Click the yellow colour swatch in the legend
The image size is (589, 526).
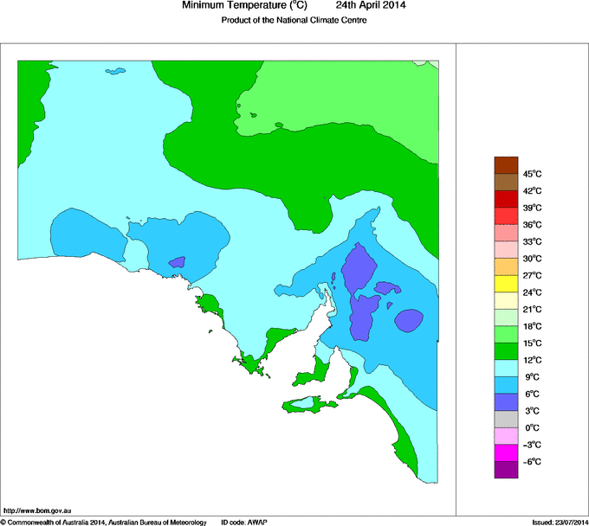coord(506,283)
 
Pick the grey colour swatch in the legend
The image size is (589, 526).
coord(506,419)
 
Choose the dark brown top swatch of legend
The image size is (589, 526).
coord(506,164)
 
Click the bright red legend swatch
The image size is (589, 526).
coord(506,215)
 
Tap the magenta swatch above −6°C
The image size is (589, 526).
coord(506,452)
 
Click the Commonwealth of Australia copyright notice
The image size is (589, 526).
coord(104,522)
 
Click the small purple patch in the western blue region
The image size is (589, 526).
coord(177,261)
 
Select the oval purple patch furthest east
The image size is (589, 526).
coord(409,320)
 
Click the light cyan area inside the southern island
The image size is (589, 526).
coord(302,403)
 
